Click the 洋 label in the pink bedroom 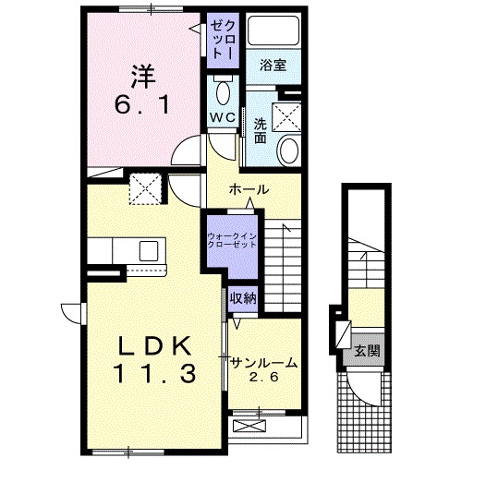tap(143, 77)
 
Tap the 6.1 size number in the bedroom tap(141, 105)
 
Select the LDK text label tap(154, 346)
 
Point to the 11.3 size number tap(154, 373)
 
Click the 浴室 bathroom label tap(273, 65)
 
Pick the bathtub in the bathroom tap(273, 30)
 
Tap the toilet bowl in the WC tap(224, 92)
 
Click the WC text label tap(223, 118)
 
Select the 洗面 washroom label tap(261, 131)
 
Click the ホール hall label tap(249, 190)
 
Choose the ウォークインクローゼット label tap(232, 240)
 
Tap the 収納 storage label tap(243, 299)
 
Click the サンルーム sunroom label tap(264, 363)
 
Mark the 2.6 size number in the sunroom tap(263, 377)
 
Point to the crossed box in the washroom tap(286, 117)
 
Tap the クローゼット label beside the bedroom tap(224, 40)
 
